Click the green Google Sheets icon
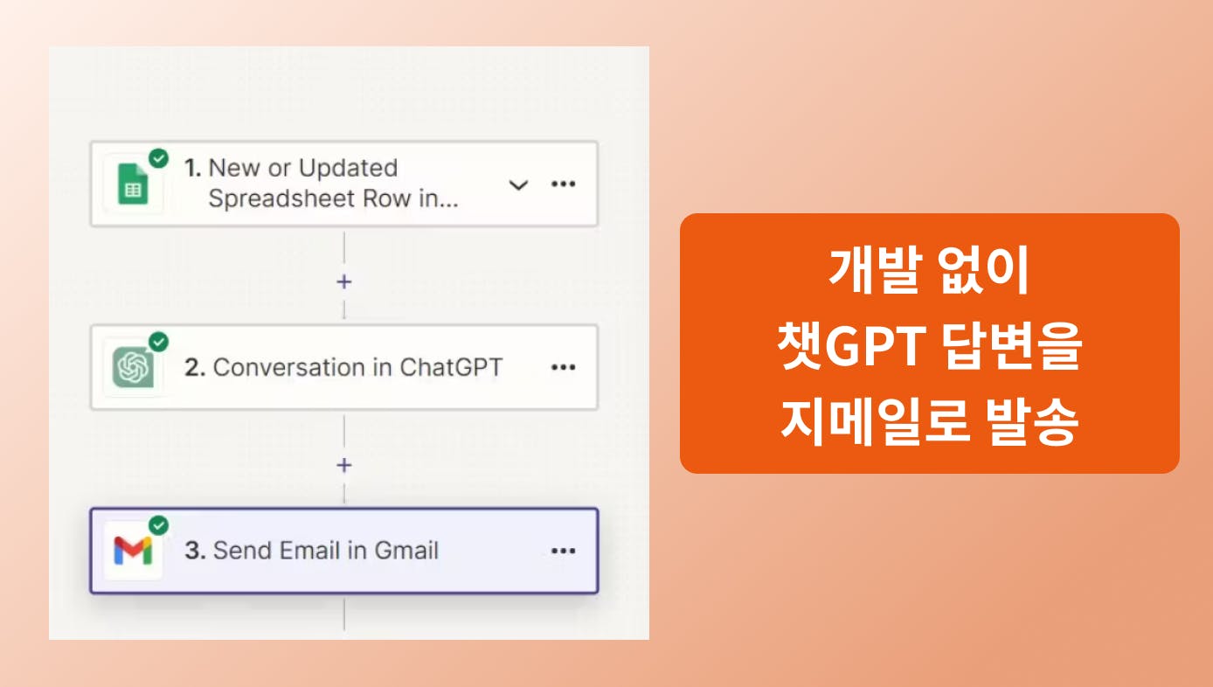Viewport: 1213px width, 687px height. coord(133,184)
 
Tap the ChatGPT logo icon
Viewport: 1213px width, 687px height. coord(133,367)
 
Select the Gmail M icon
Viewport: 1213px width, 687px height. coord(133,551)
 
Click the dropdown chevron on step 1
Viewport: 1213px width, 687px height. coord(518,185)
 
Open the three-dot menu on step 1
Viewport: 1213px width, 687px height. coord(563,184)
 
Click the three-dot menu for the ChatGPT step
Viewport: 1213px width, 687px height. coord(563,367)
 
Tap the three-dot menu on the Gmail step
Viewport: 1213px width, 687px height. coord(563,551)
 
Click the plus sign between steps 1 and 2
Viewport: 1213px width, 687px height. coord(343,281)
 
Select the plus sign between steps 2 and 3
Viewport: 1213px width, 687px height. coord(343,465)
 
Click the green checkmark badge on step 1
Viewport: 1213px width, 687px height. coord(159,159)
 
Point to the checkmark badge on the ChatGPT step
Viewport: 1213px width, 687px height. coord(159,342)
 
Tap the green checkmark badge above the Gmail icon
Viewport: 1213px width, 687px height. coord(159,525)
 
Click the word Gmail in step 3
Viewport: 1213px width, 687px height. coord(406,551)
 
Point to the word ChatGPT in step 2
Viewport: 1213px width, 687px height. coord(451,367)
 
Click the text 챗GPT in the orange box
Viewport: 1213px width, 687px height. coord(852,345)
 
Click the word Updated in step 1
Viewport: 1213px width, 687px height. coord(348,168)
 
